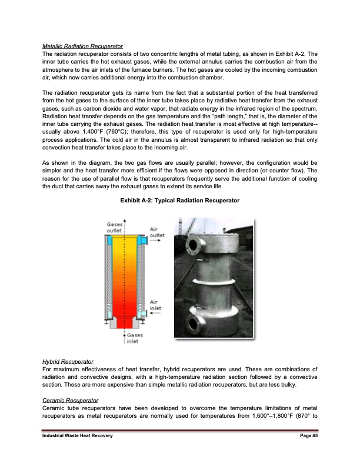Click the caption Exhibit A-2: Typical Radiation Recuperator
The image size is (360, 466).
tap(179, 201)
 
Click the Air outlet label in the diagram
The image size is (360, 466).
tap(157, 233)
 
